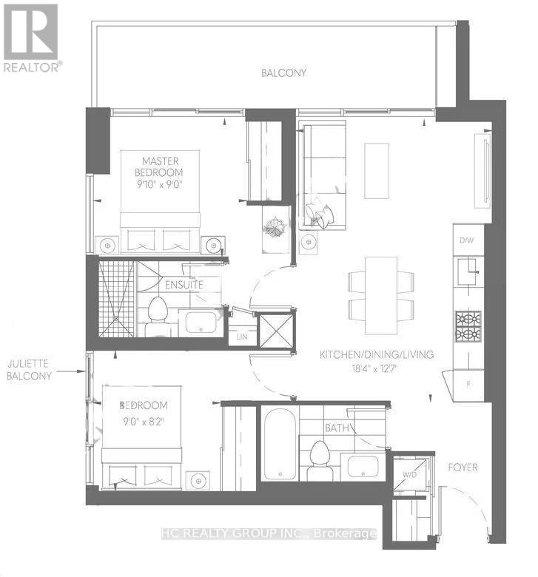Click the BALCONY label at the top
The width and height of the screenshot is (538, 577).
pos(283,72)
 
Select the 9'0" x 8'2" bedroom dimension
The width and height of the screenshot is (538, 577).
pos(144,421)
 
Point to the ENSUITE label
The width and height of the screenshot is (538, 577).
pos(184,285)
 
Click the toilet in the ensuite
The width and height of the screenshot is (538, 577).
pos(158,317)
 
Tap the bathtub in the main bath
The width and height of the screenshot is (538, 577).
pos(280,444)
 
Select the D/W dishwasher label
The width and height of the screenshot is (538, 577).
pos(466,240)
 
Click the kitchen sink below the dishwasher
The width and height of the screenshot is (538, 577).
pos(468,271)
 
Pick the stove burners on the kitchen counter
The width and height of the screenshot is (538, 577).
pos(468,326)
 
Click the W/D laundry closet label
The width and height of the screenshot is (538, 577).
pos(409,474)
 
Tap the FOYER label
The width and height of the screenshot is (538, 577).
pos(463,468)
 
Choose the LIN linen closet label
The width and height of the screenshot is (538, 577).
pos(242,337)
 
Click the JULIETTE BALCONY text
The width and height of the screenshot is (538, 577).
pos(29,370)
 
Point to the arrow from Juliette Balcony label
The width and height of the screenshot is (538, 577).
pos(71,371)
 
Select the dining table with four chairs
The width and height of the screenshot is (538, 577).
pos(381,295)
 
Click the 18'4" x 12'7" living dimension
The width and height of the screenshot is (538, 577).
pos(374,368)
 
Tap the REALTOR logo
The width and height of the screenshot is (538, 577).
pos(31,38)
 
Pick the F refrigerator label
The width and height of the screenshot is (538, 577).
pos(468,385)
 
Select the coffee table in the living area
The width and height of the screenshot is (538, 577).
pos(377,171)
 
